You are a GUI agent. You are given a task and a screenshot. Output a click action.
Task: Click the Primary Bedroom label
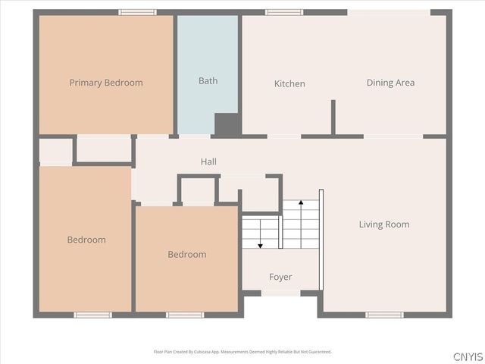[x=106, y=83]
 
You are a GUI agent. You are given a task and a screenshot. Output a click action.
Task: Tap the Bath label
[x=208, y=80]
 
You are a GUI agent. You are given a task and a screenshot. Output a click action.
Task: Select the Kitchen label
[x=289, y=83]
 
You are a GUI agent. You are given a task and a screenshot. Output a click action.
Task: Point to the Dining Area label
[x=390, y=83]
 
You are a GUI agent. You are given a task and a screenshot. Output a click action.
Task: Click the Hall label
[x=208, y=162]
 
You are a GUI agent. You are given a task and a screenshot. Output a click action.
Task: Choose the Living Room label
[x=383, y=224]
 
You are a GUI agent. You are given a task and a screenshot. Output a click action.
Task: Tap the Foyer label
[x=280, y=277]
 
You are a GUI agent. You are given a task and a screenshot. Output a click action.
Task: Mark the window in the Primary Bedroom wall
[x=138, y=12]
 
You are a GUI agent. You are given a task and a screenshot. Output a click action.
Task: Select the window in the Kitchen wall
[x=284, y=12]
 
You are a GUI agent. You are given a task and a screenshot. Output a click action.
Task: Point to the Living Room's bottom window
[x=384, y=315]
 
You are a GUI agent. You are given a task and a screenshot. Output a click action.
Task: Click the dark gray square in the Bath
[x=227, y=124]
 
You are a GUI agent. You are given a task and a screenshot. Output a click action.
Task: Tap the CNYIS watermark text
[x=468, y=356]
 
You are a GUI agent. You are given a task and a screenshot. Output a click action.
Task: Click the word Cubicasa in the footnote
[x=203, y=352]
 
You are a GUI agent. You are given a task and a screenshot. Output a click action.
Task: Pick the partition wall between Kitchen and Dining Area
[x=333, y=118]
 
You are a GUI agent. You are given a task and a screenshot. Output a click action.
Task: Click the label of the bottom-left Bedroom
[x=86, y=240]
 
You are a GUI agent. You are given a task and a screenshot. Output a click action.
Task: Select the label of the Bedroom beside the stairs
[x=186, y=254]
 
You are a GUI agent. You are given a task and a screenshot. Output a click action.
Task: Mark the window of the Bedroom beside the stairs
[x=185, y=315]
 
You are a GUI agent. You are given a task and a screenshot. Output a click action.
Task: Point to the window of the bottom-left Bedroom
[x=92, y=315]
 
